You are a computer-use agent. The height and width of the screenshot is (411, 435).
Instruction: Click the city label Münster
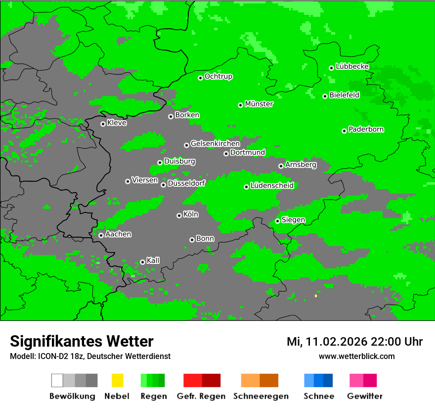coord(259,104)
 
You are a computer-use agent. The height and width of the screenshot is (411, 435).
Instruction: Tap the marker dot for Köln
coord(179,215)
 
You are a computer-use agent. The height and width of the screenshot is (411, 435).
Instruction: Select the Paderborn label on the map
coord(366,129)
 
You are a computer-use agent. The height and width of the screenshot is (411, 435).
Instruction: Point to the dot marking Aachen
coord(101,235)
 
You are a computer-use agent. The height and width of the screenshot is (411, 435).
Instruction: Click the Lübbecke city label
coord(352,66)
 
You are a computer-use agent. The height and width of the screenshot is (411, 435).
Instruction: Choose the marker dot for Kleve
coord(103,124)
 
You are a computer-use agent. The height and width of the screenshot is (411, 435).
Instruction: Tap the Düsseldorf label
coord(186,183)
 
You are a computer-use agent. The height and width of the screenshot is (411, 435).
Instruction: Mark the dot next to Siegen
coord(278,221)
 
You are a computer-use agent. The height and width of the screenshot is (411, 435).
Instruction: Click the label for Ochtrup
coord(218,77)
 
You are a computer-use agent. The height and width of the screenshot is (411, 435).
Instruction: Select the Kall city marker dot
coord(142,262)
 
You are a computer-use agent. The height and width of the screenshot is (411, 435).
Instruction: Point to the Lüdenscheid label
coord(272,186)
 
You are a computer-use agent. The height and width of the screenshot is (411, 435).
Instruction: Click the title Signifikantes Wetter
coord(82,341)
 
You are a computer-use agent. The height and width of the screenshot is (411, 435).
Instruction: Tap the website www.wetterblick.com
coord(356,356)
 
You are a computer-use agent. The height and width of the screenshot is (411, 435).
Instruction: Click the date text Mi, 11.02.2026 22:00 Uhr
coord(354,342)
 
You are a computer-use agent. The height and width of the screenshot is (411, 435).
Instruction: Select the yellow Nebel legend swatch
coord(117,380)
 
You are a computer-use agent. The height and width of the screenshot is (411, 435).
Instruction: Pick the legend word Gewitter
coord(364,396)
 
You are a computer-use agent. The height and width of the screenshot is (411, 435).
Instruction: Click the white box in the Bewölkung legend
coord(57,380)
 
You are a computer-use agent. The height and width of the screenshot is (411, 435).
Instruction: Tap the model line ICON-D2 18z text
coord(90,356)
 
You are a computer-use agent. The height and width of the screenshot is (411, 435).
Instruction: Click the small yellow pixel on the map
coord(315,296)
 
